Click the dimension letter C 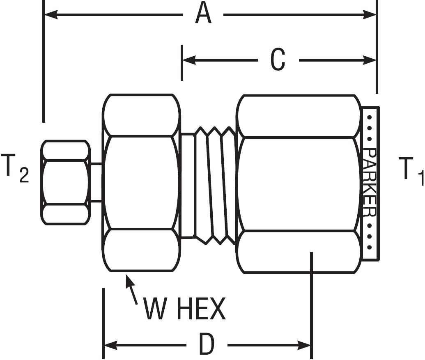(278, 60)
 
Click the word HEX (201, 309)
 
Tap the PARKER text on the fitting (370, 182)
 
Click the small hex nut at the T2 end (66, 182)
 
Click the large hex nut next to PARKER (299, 183)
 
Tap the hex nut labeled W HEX (141, 182)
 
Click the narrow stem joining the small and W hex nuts (96, 182)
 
